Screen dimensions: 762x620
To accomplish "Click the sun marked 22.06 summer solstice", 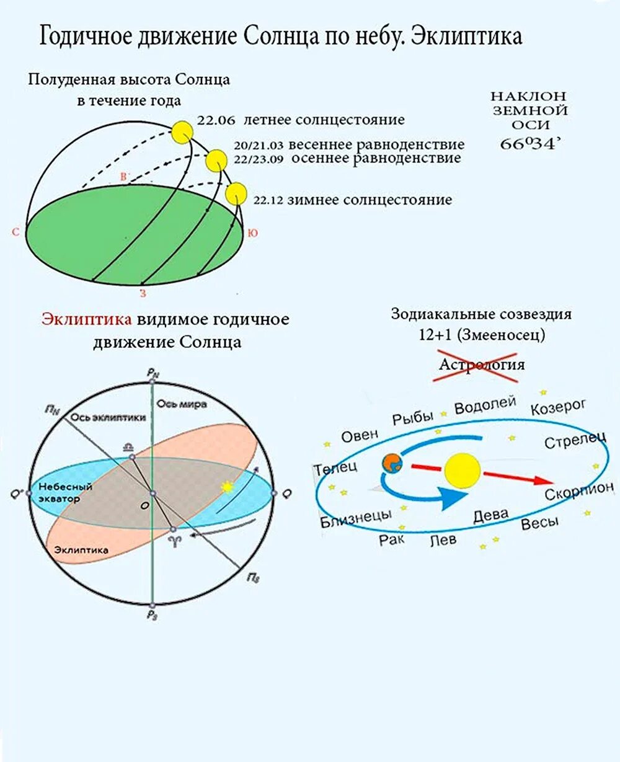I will [183, 131].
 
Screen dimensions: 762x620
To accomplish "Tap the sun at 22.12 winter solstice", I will [236, 193].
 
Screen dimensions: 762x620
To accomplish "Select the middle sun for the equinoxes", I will [216, 161].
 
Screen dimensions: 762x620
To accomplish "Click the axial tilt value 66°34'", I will [530, 144].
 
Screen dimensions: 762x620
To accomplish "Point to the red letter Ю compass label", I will [253, 233].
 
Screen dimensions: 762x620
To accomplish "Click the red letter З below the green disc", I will [143, 293].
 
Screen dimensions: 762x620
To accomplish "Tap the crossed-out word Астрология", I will [482, 364].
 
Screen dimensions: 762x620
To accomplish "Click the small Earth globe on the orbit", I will [392, 463].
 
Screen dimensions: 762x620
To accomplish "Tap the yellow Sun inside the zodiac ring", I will [463, 471].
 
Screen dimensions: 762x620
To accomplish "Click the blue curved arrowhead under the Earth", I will [456, 497].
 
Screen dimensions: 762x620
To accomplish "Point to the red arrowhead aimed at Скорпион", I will [542, 481].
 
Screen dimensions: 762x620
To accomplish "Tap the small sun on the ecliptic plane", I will [228, 487].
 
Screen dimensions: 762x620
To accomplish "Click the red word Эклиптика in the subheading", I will [87, 319].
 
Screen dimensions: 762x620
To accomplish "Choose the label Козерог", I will [558, 407].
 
